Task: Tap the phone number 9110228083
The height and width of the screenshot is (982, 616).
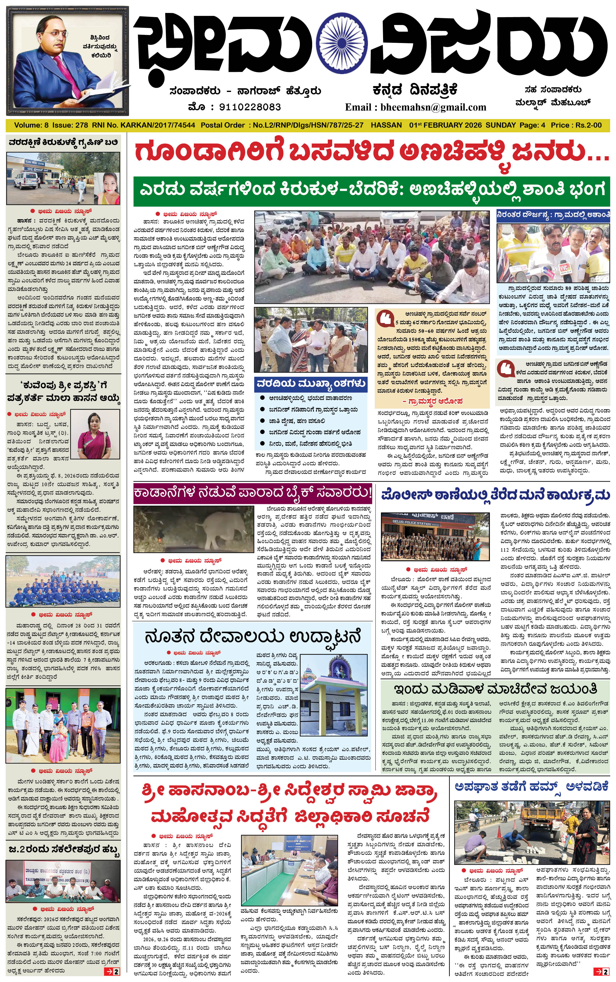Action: (x=250, y=107)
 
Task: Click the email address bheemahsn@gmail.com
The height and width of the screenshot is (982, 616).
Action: (x=433, y=107)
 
